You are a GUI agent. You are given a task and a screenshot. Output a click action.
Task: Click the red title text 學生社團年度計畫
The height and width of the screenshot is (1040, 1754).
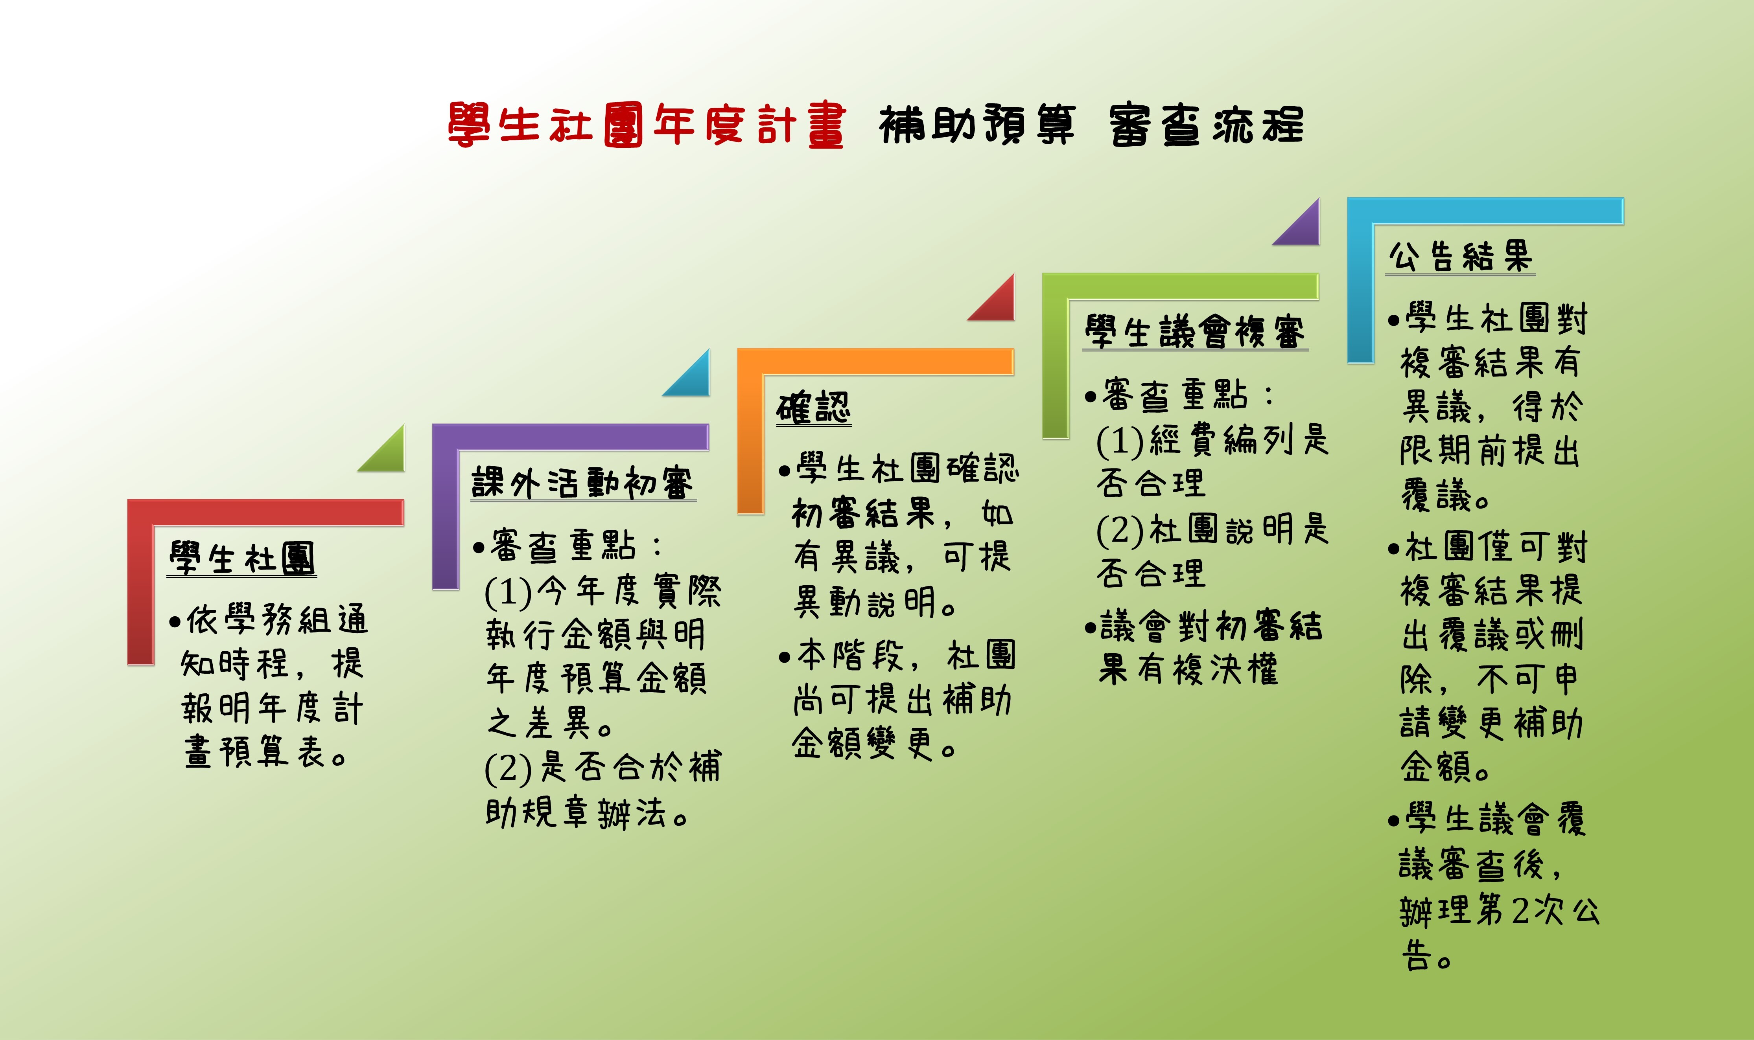pyautogui.click(x=647, y=125)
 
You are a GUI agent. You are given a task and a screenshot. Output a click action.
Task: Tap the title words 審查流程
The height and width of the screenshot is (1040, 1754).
pyautogui.click(x=1207, y=125)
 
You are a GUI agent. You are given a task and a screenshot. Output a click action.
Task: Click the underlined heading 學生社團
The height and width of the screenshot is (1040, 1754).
pyautogui.click(x=242, y=559)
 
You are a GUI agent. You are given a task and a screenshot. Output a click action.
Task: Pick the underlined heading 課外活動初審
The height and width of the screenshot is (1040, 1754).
pyautogui.click(x=583, y=483)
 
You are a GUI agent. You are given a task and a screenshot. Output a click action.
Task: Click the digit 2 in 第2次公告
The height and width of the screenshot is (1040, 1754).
pyautogui.click(x=1520, y=911)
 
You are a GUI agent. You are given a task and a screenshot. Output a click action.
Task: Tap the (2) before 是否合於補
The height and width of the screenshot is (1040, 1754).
pyautogui.click(x=508, y=769)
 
